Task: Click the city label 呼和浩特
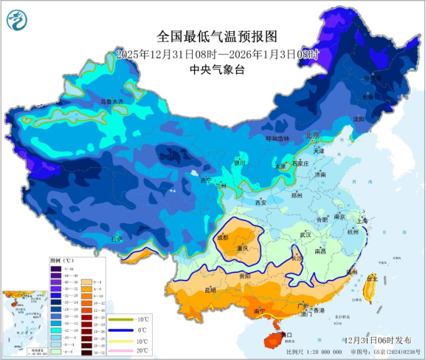click(278, 138)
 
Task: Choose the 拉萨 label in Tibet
click(117, 239)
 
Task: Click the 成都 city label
click(223, 238)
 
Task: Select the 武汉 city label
click(305, 234)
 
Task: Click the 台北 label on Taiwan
click(373, 278)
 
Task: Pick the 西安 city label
click(260, 203)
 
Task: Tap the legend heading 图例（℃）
click(62, 259)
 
